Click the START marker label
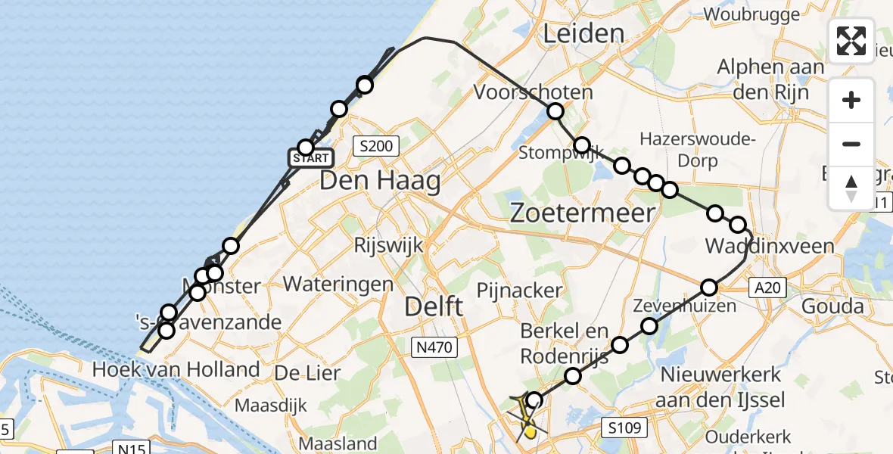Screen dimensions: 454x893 pos(310,158)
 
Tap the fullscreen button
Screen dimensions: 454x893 pos(851,41)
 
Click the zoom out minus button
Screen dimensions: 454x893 pos(851,144)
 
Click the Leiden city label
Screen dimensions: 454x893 pos(583,33)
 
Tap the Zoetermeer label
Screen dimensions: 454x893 pos(582,213)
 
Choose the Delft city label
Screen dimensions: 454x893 pos(434,306)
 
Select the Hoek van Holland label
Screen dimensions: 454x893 pos(176,369)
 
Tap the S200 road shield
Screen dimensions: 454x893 pos(376,145)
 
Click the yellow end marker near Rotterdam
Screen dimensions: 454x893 pos(531,432)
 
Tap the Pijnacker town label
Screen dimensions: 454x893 pos(519,291)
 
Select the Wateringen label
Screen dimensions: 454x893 pos(338,285)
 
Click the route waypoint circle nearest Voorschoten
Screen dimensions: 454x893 pos(555,111)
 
